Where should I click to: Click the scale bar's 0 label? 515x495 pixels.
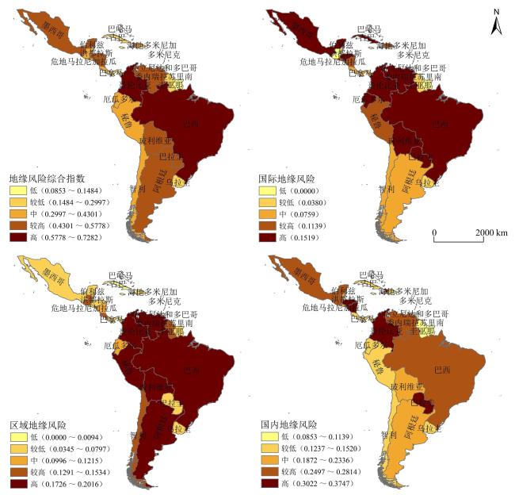[x=434, y=232]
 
